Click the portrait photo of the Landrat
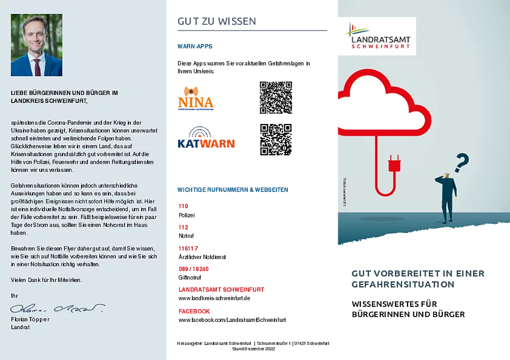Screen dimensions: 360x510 (37, 45)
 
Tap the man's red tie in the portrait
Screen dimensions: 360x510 (37, 67)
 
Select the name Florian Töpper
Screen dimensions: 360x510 (30, 319)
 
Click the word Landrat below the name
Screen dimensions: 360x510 (20, 327)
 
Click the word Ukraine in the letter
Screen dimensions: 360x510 (20, 130)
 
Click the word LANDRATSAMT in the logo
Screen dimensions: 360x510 (380, 39)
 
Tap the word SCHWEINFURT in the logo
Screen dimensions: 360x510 (380, 47)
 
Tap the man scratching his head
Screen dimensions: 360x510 (448, 196)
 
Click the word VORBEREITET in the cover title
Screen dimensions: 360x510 (403, 274)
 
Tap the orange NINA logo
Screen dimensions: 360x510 (196, 99)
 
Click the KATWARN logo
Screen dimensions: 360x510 (206, 138)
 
